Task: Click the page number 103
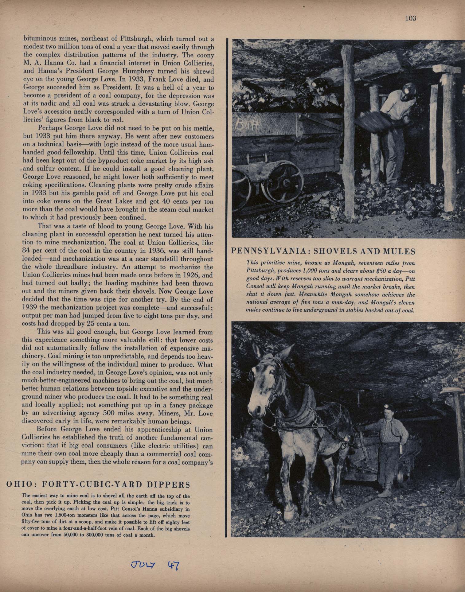tap(410, 18)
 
